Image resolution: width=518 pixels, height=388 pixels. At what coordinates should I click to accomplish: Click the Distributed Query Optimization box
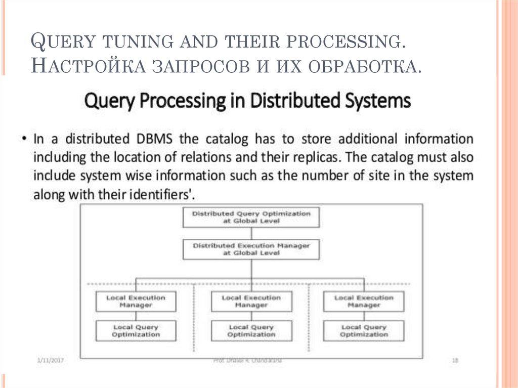251,217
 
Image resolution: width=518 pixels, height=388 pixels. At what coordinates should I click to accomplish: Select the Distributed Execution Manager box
251,249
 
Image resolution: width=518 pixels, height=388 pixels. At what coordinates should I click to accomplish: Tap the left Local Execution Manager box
136,301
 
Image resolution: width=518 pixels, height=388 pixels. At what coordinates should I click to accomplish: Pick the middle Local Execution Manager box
251,301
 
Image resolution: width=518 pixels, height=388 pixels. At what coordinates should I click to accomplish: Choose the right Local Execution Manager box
364,301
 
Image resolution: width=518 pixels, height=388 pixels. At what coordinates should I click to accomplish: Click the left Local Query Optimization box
136,331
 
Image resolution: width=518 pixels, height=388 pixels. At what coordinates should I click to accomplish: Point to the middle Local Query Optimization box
251,331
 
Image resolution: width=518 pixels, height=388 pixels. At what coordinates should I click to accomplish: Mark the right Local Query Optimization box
364,331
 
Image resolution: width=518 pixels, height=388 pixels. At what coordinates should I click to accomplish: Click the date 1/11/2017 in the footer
51,360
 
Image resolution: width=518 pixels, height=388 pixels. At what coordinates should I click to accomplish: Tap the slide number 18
455,360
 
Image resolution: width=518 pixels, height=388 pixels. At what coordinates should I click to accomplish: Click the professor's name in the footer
248,360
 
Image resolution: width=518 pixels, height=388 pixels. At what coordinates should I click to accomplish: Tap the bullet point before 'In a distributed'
23,139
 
